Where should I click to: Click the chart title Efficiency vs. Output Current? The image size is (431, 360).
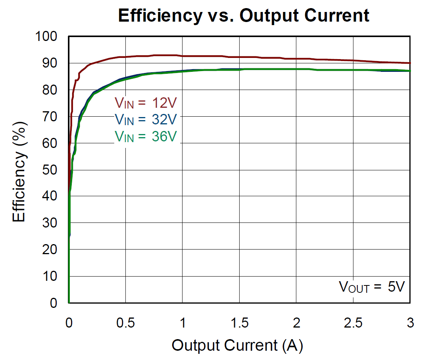pos(243,16)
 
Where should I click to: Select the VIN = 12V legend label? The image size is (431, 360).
pos(146,103)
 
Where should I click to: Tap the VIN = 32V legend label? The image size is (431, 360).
pos(146,119)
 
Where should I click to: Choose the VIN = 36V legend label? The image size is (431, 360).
pos(146,136)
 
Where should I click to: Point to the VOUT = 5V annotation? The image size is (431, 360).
pos(372,287)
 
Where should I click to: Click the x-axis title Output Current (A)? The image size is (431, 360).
pos(237,345)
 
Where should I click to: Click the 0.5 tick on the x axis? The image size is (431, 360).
pos(125,323)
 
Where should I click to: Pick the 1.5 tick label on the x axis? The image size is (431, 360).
pos(239,323)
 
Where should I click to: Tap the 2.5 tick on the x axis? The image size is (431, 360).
pos(353,323)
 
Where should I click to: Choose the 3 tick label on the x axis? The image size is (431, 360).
pos(410,323)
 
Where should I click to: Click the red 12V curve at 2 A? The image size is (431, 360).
pos(296,59)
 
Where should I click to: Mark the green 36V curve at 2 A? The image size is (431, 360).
pos(296,69)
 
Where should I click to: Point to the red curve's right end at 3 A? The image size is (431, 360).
pos(409,63)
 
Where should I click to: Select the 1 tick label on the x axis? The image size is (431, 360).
pos(183,323)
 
